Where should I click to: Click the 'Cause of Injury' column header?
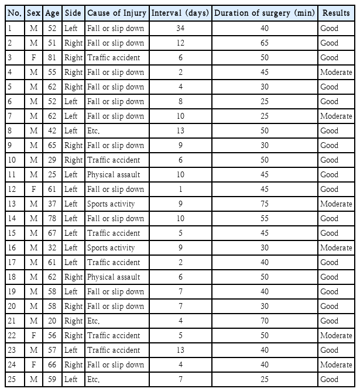[x=116, y=13]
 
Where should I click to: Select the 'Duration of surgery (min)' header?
[x=264, y=13]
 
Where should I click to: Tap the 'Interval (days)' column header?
[x=180, y=13]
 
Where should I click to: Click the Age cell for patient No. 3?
[x=52, y=57]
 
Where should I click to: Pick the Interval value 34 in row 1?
[x=180, y=28]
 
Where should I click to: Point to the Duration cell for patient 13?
[x=264, y=204]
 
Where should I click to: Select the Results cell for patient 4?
[x=336, y=72]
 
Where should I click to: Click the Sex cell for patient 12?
[x=34, y=189]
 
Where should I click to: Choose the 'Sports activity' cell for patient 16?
[x=111, y=247]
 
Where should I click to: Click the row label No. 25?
[x=13, y=379]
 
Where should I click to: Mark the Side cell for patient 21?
[x=73, y=321]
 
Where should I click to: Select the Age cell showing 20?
[x=52, y=321]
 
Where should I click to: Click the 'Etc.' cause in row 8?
[x=94, y=130]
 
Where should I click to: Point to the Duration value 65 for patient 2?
[x=264, y=43]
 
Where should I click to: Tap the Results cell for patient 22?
[x=336, y=335]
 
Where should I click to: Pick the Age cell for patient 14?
[x=52, y=218]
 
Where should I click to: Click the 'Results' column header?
[x=336, y=13]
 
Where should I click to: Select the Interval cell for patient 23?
[x=180, y=350]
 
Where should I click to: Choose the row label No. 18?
[x=13, y=277]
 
